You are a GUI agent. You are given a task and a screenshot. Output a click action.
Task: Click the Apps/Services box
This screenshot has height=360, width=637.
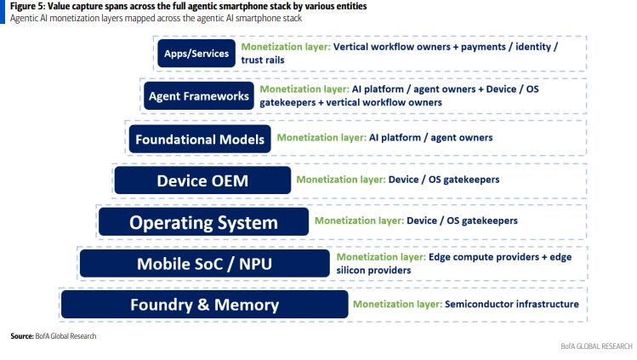click(196, 54)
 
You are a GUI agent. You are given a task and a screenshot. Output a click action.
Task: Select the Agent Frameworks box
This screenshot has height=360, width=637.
click(199, 96)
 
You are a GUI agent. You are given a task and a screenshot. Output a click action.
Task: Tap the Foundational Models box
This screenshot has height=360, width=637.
click(200, 140)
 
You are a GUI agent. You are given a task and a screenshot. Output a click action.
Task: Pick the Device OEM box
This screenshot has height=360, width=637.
click(202, 180)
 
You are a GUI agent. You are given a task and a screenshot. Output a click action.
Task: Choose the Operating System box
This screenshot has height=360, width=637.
click(203, 222)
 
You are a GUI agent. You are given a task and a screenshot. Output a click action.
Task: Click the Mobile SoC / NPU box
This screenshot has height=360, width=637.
click(205, 264)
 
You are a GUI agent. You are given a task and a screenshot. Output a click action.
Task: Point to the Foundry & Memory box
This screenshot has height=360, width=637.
click(205, 305)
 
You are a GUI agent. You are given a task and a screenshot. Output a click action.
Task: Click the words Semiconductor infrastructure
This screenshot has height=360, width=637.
click(512, 304)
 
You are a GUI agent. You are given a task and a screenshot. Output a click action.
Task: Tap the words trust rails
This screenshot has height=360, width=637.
click(263, 60)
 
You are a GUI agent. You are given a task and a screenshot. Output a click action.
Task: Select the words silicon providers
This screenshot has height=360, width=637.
click(373, 270)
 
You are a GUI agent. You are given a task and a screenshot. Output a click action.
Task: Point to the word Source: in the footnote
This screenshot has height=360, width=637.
click(22, 336)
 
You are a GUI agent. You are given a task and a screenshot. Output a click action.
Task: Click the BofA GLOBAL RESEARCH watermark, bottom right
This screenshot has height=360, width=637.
click(596, 346)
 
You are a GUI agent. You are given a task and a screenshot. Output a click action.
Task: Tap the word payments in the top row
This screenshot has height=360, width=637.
click(483, 47)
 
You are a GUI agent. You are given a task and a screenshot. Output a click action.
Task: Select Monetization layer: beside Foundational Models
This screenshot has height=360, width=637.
click(321, 138)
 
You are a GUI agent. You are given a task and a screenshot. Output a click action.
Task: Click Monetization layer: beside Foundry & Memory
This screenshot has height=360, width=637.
click(398, 304)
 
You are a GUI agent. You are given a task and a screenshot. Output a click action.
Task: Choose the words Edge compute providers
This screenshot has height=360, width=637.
click(484, 257)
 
